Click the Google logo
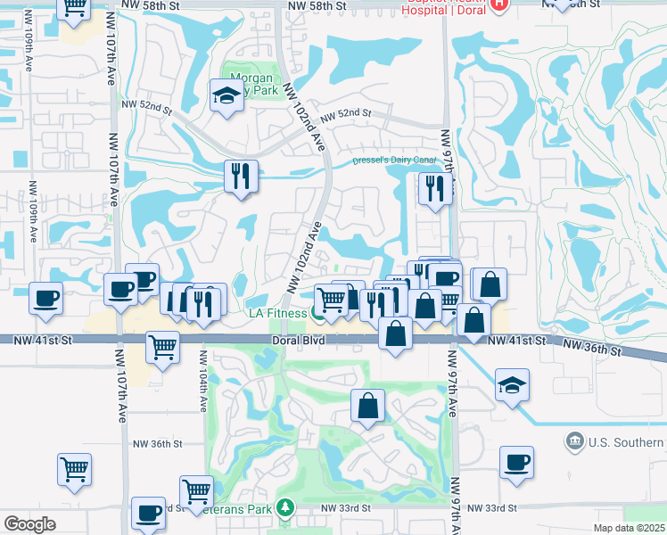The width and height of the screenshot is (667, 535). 29,524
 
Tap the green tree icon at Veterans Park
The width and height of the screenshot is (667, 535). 285,507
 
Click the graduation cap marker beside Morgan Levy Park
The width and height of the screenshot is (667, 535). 226,95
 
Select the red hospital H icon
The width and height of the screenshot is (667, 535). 498,4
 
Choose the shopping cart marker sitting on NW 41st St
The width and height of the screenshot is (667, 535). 162,347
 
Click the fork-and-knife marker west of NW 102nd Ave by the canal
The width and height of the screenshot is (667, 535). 241,176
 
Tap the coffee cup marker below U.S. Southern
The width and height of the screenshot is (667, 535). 516,462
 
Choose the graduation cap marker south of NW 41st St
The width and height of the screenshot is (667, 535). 512,386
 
